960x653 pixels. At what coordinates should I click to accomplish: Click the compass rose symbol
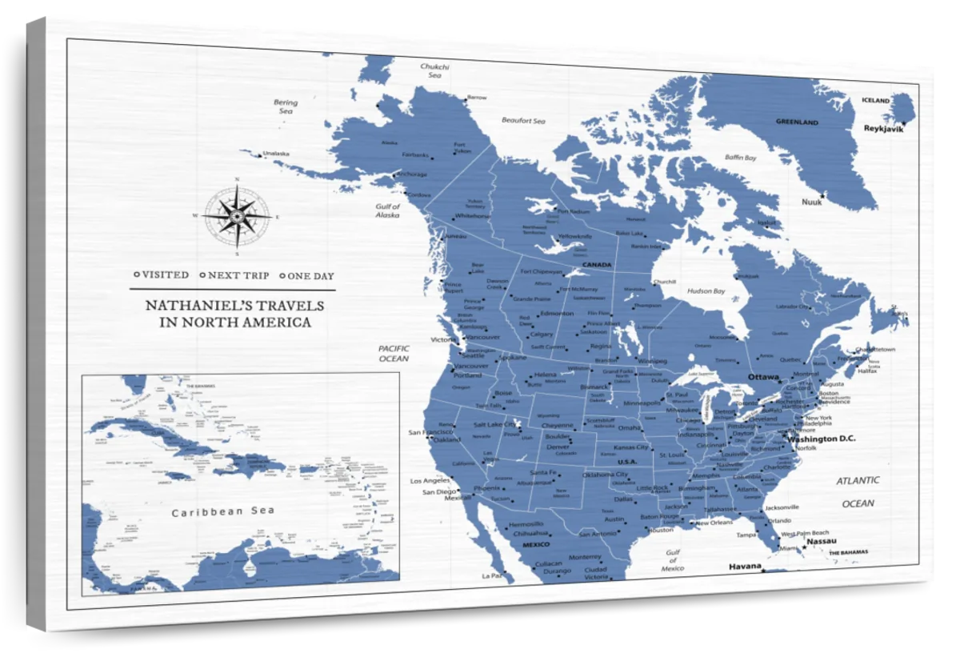(x=236, y=216)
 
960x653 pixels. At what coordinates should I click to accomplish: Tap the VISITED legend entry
(x=162, y=275)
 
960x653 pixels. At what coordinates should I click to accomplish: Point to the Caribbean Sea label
(x=223, y=511)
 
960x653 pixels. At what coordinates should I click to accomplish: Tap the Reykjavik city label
(x=883, y=128)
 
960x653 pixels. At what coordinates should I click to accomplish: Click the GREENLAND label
(x=797, y=122)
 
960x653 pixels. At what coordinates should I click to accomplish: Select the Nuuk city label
(x=811, y=202)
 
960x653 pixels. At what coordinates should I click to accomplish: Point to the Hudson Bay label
(x=706, y=291)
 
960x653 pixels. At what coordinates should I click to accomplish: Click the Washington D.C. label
(x=822, y=439)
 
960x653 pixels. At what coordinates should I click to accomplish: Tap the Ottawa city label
(x=763, y=376)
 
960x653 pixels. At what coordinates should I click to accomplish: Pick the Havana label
(x=745, y=567)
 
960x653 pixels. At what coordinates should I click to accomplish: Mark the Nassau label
(x=822, y=541)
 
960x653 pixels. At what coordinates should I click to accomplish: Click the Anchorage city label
(x=412, y=174)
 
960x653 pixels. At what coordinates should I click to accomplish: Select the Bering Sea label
(x=286, y=107)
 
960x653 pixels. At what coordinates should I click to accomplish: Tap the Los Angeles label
(x=430, y=481)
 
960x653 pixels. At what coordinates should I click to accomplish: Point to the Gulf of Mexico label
(x=673, y=560)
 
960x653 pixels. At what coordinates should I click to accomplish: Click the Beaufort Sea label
(x=523, y=121)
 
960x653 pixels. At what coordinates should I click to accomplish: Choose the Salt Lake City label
(x=494, y=424)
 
